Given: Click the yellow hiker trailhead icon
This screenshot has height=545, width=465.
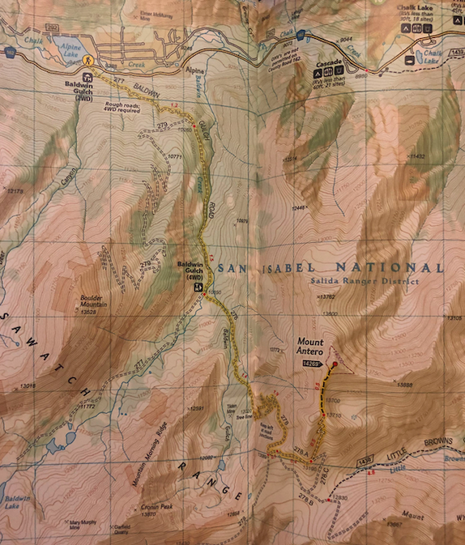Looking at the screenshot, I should click(x=90, y=61).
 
